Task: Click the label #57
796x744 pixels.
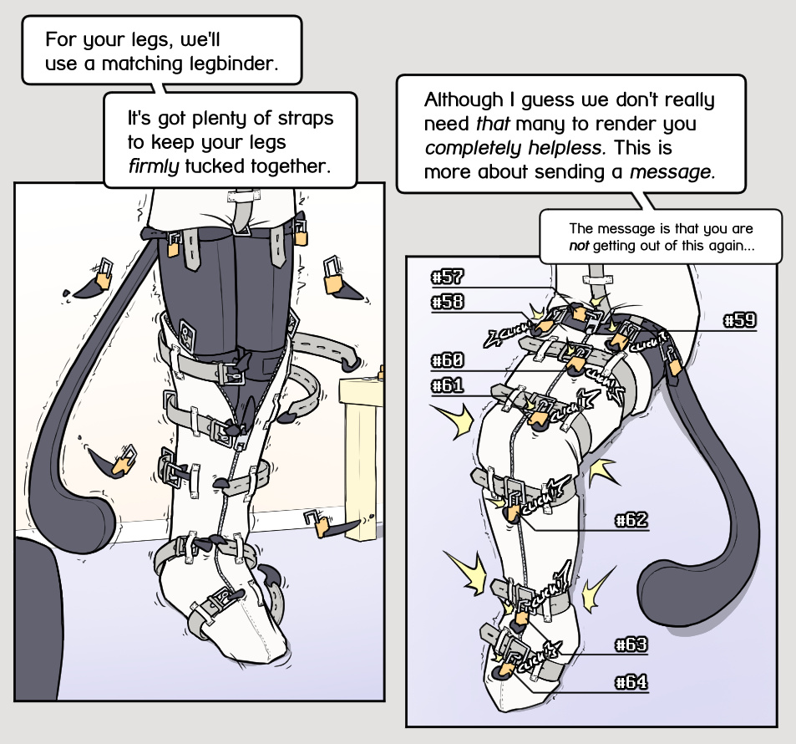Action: pos(447,277)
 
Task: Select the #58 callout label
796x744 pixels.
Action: pos(447,302)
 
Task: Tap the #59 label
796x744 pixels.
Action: pos(740,320)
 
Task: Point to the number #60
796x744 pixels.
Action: pos(447,360)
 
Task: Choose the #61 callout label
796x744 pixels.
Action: pos(447,385)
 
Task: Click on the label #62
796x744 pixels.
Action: pos(631,520)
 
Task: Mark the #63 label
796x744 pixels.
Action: pos(631,645)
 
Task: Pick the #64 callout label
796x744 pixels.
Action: pos(631,681)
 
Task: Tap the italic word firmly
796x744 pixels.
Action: pos(154,166)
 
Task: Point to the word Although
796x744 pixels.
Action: pos(464,100)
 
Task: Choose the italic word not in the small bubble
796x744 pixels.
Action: pos(579,246)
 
